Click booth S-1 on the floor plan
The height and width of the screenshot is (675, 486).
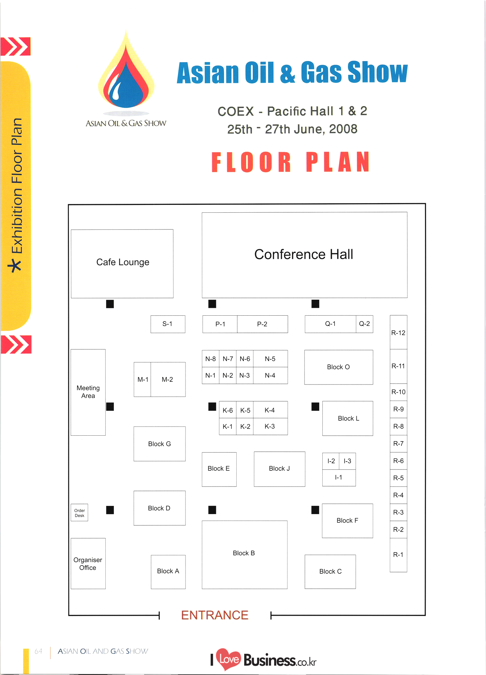[167, 324]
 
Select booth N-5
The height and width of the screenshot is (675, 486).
[270, 359]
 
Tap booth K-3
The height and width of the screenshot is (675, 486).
[270, 426]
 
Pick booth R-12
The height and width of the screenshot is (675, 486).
[398, 332]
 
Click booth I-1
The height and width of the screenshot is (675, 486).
[339, 478]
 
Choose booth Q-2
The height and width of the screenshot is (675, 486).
[364, 324]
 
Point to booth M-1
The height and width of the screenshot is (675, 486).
[143, 379]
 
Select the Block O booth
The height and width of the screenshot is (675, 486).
[338, 367]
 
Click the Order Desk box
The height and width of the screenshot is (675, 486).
[79, 513]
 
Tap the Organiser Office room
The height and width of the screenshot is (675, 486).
[88, 564]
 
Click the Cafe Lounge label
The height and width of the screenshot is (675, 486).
[123, 262]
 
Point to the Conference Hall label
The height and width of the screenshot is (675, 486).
[304, 254]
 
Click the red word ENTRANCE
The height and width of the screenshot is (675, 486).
[215, 615]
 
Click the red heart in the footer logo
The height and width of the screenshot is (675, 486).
[229, 659]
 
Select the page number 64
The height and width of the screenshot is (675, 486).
[39, 651]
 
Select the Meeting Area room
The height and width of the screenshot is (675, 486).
[88, 392]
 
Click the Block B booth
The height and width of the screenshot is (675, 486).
[244, 553]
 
